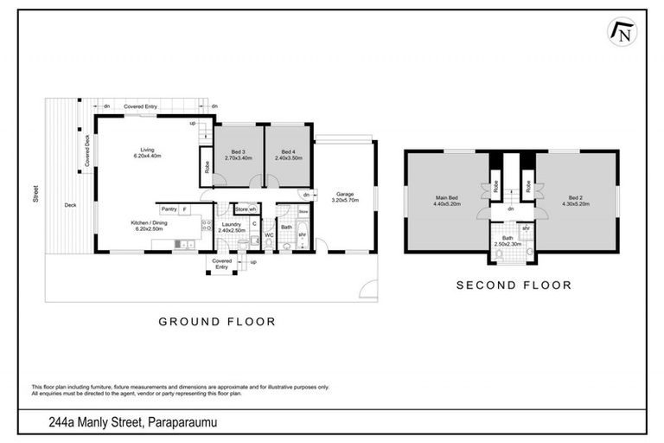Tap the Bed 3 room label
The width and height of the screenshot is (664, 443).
(x=238, y=151)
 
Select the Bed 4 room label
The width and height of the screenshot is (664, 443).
(x=287, y=151)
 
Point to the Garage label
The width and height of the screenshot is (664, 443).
(x=345, y=195)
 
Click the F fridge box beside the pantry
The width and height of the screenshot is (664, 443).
(x=184, y=209)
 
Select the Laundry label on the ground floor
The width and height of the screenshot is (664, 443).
(x=231, y=224)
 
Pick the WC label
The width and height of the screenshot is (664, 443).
(x=269, y=234)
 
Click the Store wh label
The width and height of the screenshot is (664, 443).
(x=246, y=209)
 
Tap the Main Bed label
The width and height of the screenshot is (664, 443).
(x=446, y=198)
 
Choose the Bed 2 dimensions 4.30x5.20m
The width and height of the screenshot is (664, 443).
(x=575, y=204)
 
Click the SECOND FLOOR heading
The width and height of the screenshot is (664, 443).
(x=514, y=285)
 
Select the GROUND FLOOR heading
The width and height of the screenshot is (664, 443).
(x=216, y=321)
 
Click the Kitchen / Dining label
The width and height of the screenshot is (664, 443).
(x=149, y=223)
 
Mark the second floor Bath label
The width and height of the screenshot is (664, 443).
(x=508, y=238)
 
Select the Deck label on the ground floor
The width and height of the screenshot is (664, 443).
(x=69, y=205)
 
